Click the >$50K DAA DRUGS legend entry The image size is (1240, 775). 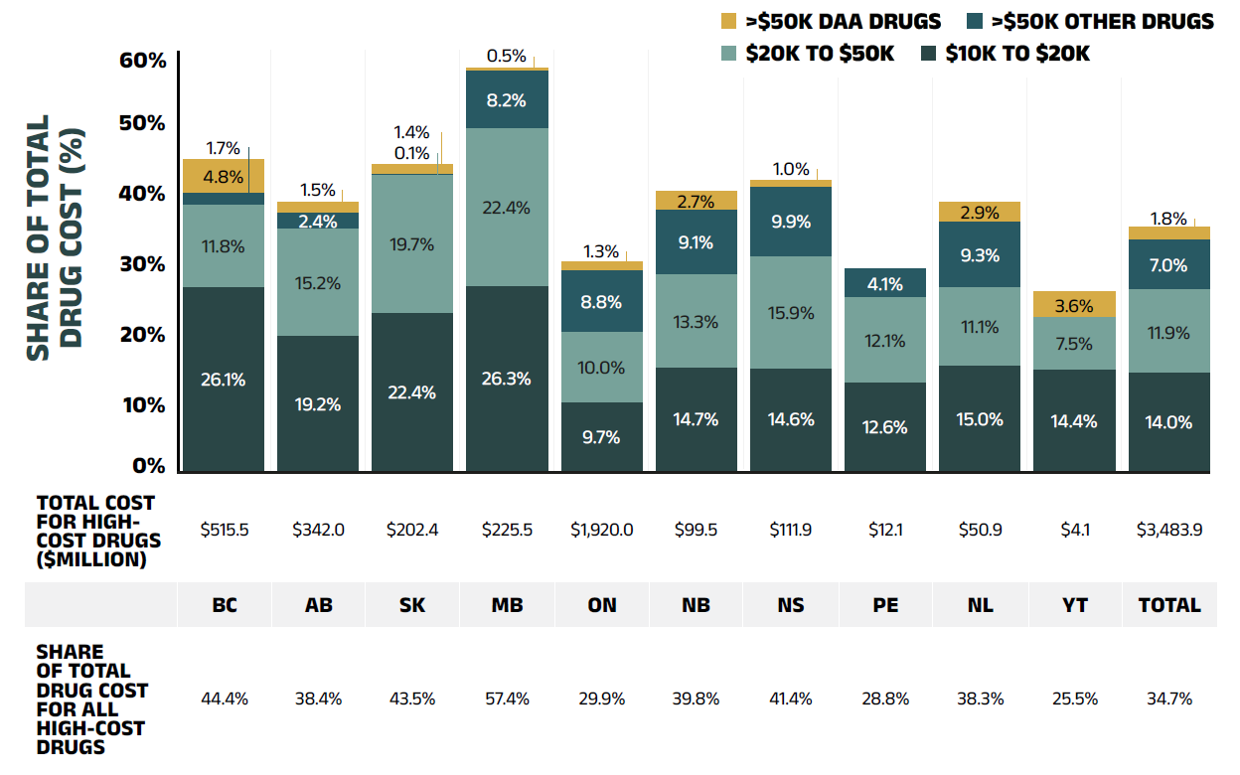(830, 21)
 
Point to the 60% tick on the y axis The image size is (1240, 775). (144, 61)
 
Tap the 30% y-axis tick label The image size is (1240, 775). (144, 264)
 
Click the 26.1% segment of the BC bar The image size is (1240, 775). (223, 380)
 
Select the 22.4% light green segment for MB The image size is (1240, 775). (507, 208)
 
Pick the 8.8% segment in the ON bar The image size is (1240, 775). (601, 301)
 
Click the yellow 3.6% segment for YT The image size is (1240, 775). (1074, 305)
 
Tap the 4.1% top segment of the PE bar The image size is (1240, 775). (884, 283)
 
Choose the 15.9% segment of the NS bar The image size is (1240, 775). (791, 312)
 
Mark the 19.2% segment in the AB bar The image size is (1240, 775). (318, 403)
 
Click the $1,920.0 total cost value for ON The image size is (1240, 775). (601, 530)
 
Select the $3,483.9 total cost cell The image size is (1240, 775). (1169, 530)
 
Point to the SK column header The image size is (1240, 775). (412, 605)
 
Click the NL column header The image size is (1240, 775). (981, 605)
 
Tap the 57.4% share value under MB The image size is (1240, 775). (507, 698)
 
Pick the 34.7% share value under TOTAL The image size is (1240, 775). (1169, 698)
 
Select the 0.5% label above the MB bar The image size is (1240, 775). (506, 57)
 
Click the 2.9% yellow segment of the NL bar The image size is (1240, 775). (980, 212)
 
